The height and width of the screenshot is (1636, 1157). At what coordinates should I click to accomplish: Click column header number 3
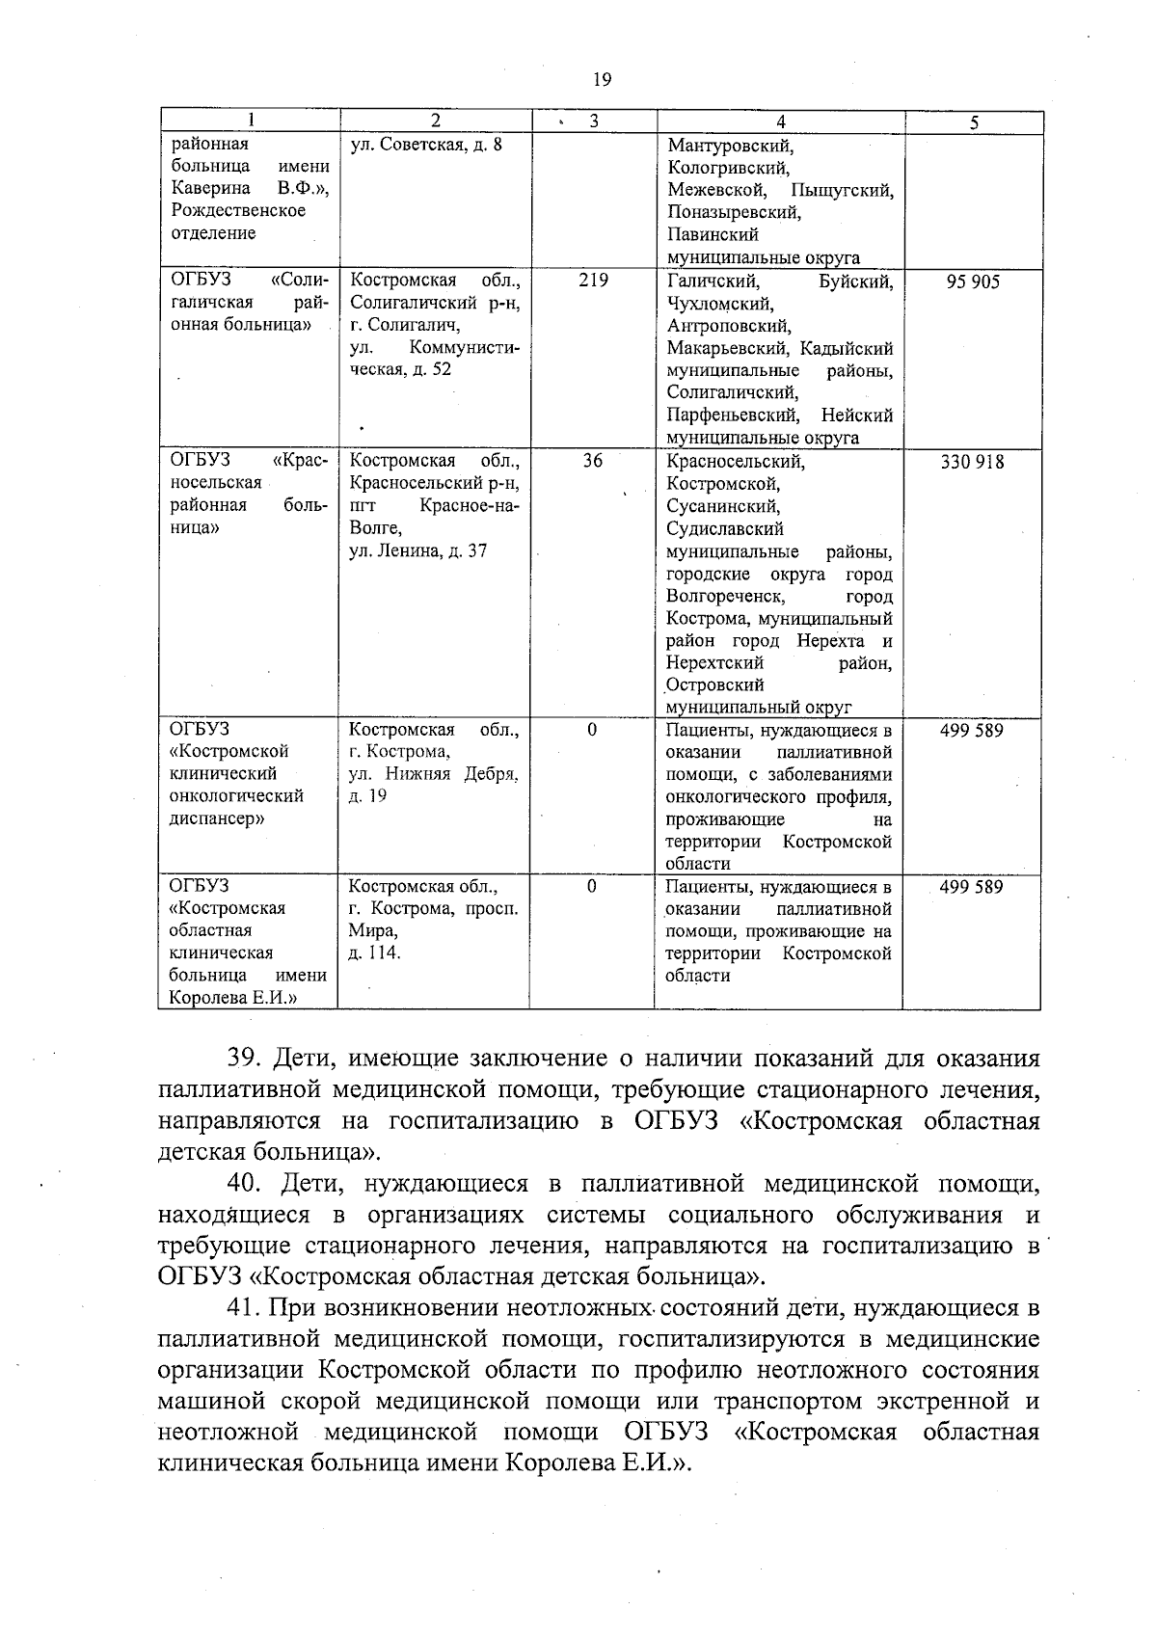coord(593,121)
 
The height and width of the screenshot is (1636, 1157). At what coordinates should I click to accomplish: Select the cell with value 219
coord(593,281)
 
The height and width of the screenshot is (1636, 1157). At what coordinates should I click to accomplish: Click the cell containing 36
coord(592,461)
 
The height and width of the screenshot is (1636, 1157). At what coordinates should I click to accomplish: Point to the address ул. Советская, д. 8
coord(426,145)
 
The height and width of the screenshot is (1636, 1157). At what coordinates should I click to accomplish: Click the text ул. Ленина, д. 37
coord(417,550)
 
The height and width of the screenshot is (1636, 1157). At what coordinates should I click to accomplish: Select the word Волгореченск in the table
coord(725,597)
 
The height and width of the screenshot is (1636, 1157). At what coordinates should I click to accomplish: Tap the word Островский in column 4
coord(715,685)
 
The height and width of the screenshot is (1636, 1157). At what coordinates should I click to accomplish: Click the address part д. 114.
coord(374,953)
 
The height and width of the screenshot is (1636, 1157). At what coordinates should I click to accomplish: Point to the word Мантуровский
coord(730,147)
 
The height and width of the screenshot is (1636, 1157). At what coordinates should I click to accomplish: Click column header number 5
coord(974,122)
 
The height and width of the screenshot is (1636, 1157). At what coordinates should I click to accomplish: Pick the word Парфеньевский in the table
coord(732,416)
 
